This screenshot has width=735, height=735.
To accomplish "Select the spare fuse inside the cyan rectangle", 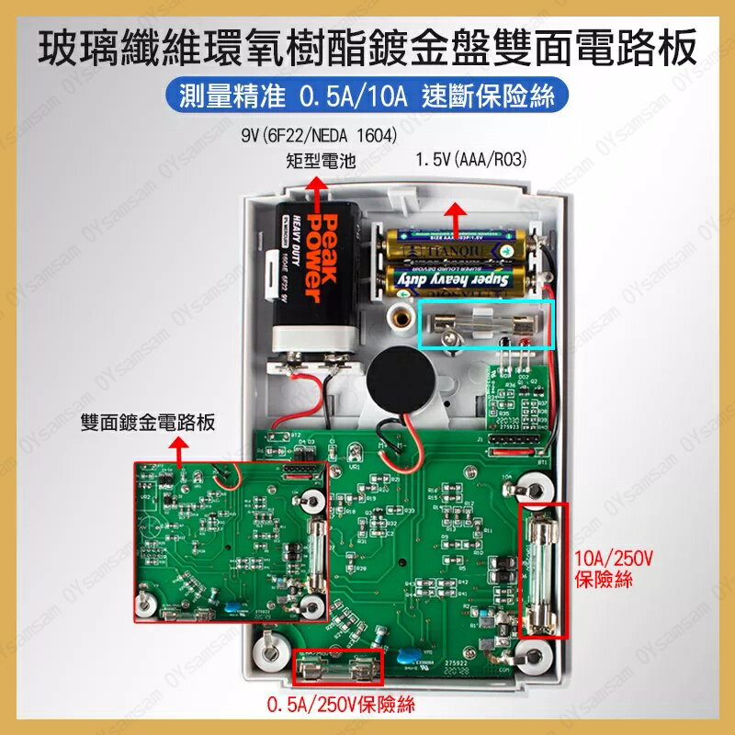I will point(486,324).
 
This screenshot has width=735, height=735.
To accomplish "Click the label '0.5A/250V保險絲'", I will point(341,706).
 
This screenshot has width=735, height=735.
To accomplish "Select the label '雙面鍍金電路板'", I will point(148,422).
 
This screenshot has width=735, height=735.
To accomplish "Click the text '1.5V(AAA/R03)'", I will point(470,160).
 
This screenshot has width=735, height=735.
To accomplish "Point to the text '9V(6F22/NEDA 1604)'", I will point(318,136).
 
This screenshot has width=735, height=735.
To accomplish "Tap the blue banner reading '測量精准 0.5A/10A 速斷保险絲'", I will point(367,96).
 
